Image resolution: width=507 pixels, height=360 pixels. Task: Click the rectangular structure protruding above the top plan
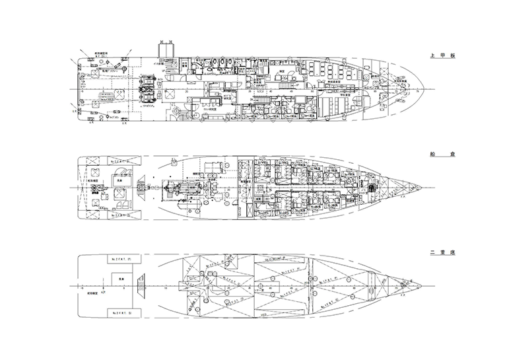pyautogui.click(x=165, y=50)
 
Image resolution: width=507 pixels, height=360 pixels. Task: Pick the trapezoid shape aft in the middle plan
pyautogui.click(x=143, y=186)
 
